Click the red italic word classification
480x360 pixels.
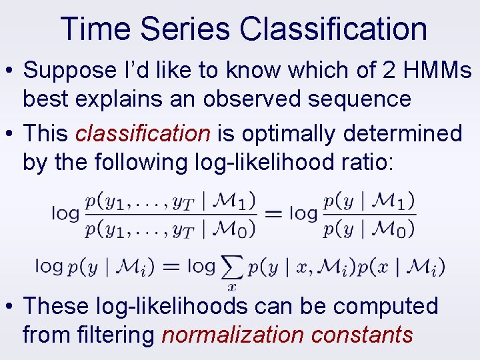coord(143,133)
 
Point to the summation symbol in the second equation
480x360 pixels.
coord(231,267)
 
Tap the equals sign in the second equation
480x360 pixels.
coord(171,267)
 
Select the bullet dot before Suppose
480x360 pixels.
coord(10,71)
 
